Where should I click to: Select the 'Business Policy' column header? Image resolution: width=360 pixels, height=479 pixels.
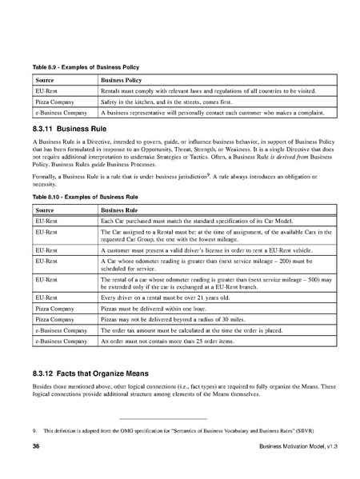pos(122,81)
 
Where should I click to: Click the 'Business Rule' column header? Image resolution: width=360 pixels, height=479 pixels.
pos(118,208)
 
